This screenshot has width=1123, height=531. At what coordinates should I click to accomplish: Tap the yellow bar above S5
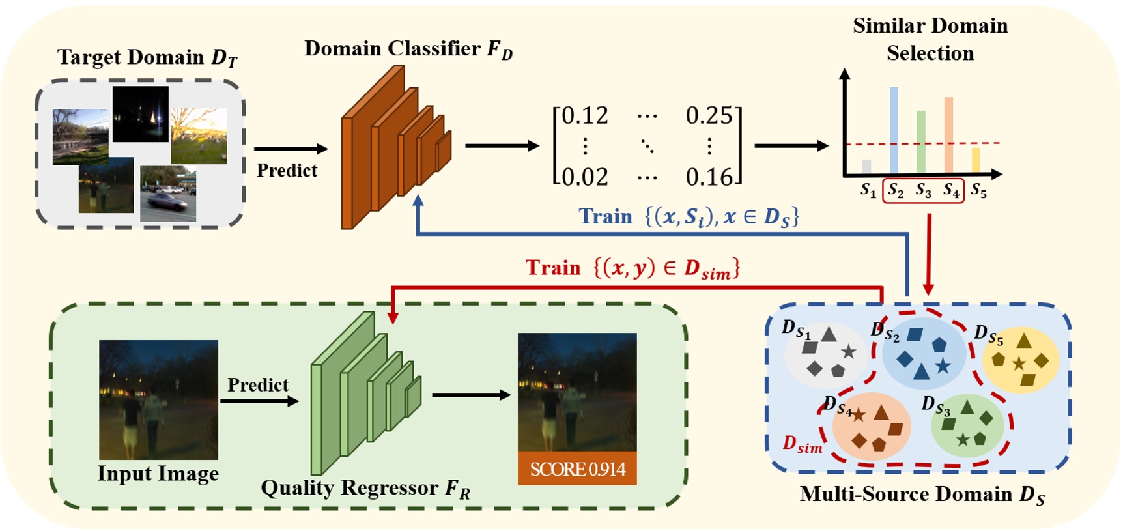tap(975, 160)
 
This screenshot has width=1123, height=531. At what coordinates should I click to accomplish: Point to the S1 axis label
tap(868, 190)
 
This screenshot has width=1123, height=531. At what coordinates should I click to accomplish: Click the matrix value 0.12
tap(584, 116)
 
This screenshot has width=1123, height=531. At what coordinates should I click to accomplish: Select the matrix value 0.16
tap(709, 177)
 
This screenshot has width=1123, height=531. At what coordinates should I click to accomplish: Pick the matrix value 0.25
tap(709, 116)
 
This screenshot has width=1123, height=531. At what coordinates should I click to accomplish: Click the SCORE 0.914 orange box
tap(577, 468)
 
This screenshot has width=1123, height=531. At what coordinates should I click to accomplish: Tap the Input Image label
tap(158, 474)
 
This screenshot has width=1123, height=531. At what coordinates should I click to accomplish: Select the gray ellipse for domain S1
tap(825, 352)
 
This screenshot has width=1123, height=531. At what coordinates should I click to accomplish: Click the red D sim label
tap(803, 445)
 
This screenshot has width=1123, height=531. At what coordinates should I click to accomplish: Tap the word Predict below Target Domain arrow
tap(287, 171)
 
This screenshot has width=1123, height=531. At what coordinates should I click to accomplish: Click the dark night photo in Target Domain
tap(140, 114)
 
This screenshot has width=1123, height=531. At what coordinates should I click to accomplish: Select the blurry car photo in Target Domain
tap(168, 194)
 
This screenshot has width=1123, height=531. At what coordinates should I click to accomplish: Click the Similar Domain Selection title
tap(930, 39)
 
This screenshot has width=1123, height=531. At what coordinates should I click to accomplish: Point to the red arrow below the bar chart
tap(929, 254)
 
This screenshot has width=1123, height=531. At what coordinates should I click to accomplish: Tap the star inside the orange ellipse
tap(859, 414)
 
